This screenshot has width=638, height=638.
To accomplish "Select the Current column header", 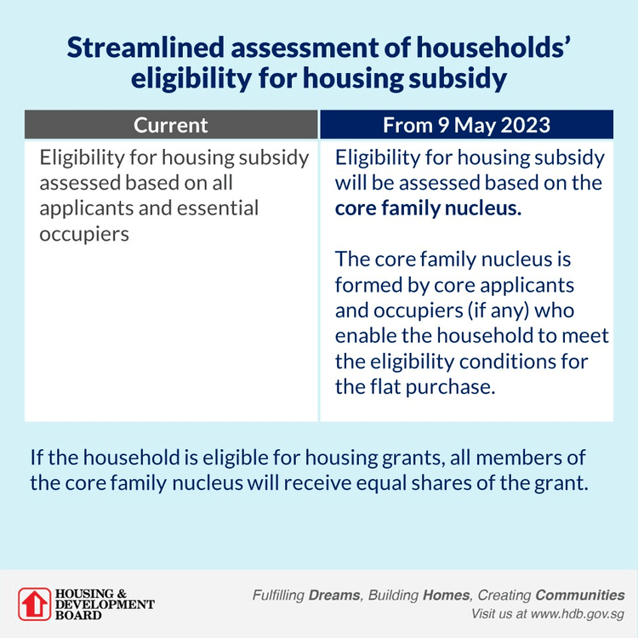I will tap(170, 125).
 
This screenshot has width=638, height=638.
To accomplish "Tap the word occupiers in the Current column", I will tap(84, 233).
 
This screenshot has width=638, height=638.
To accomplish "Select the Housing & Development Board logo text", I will tap(104, 604).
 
